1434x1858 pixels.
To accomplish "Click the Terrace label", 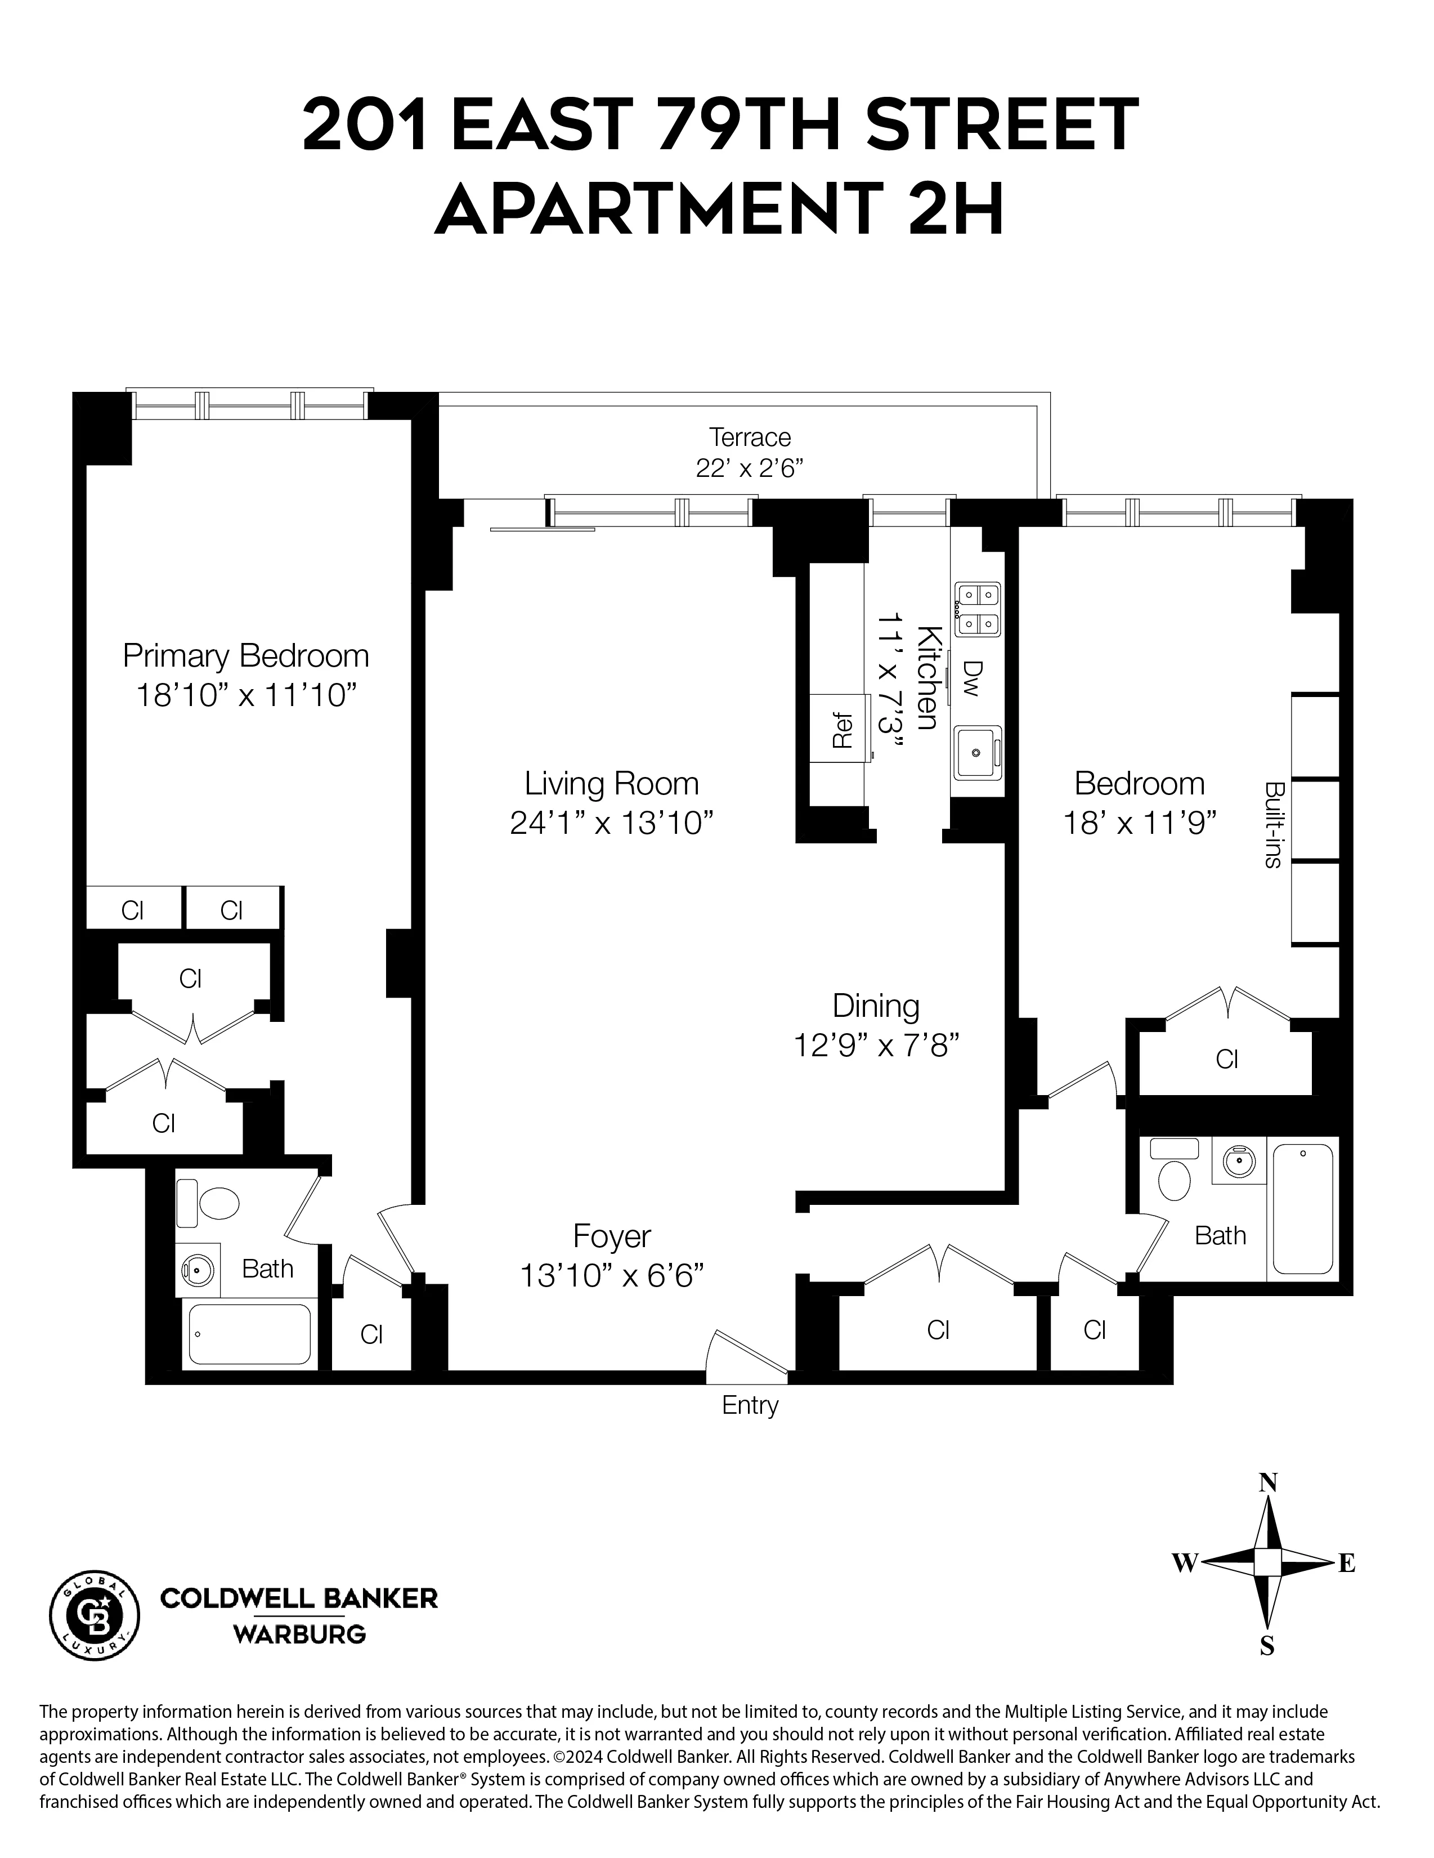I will click(x=749, y=437).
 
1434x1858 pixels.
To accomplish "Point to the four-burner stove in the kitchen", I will click(x=977, y=609).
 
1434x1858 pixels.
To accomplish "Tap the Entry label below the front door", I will click(x=749, y=1405).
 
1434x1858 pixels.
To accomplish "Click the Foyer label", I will click(x=612, y=1236).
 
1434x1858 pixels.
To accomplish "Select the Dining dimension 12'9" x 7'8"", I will click(x=876, y=1044).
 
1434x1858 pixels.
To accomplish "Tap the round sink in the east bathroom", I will click(x=1238, y=1161).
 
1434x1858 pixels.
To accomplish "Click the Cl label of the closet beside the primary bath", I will click(x=371, y=1335).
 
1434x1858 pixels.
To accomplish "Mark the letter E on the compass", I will click(x=1346, y=1563).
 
